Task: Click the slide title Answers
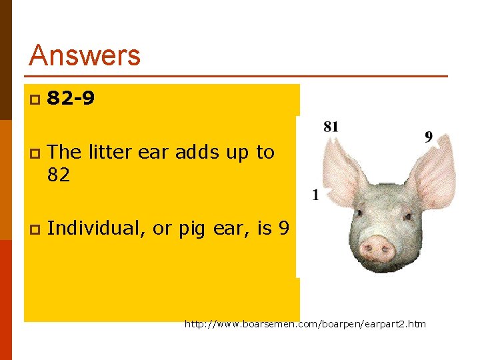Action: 85,55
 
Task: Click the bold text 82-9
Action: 71,99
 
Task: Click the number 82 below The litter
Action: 59,175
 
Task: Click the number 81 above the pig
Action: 331,126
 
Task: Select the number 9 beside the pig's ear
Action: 429,137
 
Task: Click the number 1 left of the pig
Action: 315,195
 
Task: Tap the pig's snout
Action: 377,248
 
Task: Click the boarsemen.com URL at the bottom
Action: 305,325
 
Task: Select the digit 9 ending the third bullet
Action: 284,229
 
